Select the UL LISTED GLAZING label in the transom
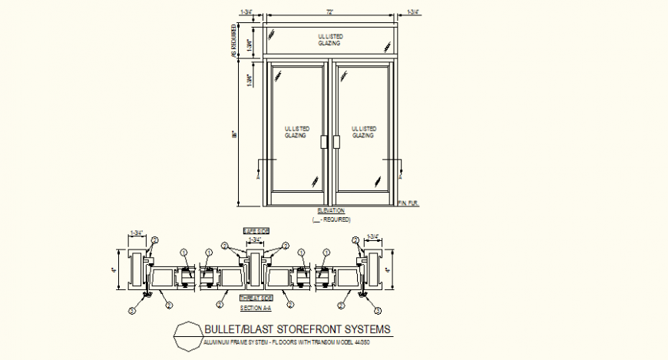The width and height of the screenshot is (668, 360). coord(331,40)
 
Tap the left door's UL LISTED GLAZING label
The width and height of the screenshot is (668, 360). coord(296,131)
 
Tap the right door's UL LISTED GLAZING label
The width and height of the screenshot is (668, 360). coord(363,131)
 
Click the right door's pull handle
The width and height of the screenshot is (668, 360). coord(336,142)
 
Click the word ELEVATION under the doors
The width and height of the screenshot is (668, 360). coord(331,210)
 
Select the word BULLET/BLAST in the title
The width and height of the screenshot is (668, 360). coord(233,329)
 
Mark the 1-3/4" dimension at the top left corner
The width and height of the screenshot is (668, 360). coord(247,12)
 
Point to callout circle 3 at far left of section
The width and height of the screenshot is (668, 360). coord(131,310)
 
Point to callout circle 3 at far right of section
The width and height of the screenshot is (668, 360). coord(378,310)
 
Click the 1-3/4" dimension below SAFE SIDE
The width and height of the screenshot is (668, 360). coord(254,240)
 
